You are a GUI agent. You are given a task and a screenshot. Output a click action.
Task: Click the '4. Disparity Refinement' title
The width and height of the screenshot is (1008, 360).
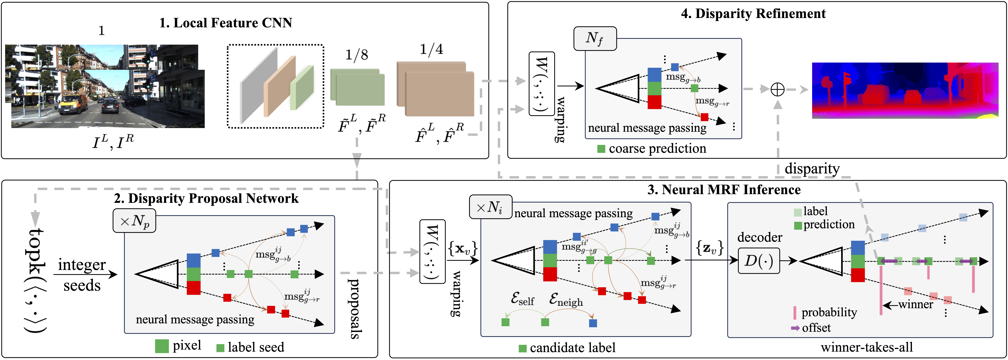(x=753, y=14)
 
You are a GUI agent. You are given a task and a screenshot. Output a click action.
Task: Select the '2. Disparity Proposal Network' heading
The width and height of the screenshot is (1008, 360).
(x=206, y=198)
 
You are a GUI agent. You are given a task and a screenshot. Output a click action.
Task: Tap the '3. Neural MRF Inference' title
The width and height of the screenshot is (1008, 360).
(x=724, y=190)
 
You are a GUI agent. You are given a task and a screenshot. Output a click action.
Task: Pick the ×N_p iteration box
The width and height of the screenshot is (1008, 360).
(x=134, y=221)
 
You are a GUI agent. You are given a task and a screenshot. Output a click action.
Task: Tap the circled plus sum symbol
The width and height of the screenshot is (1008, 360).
(x=777, y=90)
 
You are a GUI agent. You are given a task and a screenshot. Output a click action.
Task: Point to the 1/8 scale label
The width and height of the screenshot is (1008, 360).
(x=356, y=55)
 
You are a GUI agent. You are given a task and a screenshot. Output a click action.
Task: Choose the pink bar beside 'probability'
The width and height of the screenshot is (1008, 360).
(x=794, y=312)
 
